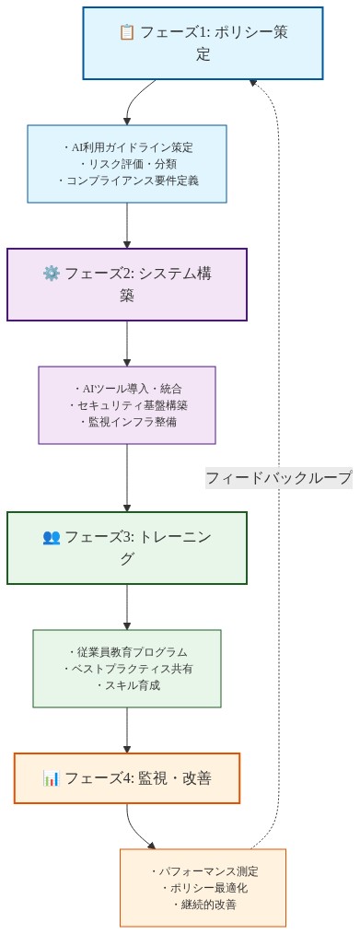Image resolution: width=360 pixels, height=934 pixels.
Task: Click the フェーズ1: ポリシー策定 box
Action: point(203,43)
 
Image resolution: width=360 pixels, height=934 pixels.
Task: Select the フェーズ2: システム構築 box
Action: point(127,285)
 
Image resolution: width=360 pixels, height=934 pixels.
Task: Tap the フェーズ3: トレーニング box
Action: point(127,548)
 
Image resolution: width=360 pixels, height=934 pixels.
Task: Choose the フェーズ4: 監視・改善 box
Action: point(127,778)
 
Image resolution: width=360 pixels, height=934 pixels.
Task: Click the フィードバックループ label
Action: point(278,478)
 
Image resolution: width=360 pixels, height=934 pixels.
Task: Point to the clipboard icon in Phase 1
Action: point(127,33)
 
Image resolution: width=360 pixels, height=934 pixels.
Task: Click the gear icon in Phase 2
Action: point(52,274)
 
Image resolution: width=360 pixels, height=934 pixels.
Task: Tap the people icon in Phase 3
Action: point(52,537)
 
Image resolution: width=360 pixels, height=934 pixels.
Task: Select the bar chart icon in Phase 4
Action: point(52,778)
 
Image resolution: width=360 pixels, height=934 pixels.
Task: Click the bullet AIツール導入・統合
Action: point(127,389)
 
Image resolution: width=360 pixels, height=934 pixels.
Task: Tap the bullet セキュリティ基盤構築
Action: point(127,405)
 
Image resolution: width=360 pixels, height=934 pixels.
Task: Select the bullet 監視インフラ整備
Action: point(127,422)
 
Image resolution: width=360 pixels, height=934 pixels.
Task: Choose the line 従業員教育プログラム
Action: point(127,652)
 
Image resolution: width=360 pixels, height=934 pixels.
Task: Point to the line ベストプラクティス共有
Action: point(127,669)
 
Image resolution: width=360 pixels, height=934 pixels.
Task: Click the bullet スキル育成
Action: point(127,685)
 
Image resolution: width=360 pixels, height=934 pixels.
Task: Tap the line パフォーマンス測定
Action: point(203,871)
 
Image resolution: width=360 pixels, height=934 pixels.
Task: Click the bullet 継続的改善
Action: point(203,905)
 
